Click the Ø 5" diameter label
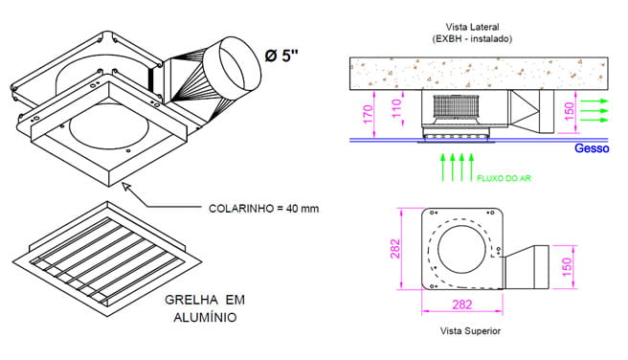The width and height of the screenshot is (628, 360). (x=281, y=56)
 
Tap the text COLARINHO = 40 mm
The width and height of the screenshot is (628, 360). (x=263, y=209)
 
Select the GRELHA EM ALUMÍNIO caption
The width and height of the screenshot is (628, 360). (x=205, y=308)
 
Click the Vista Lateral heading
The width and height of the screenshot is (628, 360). (x=472, y=27)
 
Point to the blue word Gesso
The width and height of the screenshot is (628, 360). (x=592, y=148)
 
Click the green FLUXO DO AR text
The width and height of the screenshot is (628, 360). (x=504, y=178)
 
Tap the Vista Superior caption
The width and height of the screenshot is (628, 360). (x=470, y=331)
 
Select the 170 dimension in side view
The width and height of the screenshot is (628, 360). (x=368, y=115)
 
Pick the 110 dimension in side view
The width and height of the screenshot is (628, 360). (x=396, y=108)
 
